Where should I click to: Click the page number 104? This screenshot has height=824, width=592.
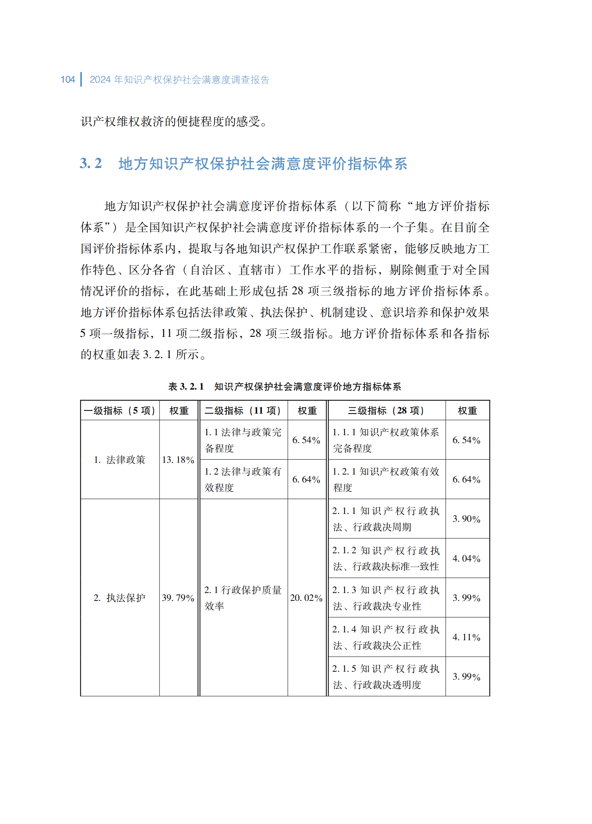click(x=68, y=79)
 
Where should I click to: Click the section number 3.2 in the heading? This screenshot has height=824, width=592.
click(x=91, y=163)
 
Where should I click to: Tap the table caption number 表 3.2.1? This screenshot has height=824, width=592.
click(x=186, y=386)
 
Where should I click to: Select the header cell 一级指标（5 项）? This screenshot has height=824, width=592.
click(x=120, y=411)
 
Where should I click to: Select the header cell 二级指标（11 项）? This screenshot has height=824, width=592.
click(x=243, y=411)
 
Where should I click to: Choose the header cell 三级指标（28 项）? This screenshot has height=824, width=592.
click(x=387, y=411)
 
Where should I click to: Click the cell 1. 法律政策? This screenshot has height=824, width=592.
click(x=120, y=460)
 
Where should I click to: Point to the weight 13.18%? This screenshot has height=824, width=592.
click(x=178, y=460)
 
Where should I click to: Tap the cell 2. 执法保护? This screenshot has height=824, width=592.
click(x=120, y=598)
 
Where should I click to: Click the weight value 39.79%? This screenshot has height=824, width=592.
click(x=178, y=598)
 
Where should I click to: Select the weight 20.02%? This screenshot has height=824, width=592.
click(x=306, y=598)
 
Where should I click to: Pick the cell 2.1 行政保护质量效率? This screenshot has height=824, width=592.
click(x=243, y=598)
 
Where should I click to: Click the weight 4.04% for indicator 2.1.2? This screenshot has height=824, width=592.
click(x=466, y=558)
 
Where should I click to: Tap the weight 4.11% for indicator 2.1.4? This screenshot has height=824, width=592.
click(x=466, y=637)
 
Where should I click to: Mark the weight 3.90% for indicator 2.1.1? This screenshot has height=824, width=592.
click(x=466, y=519)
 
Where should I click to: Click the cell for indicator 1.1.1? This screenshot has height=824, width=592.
click(x=386, y=440)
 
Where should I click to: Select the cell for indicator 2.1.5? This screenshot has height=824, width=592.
click(x=386, y=676)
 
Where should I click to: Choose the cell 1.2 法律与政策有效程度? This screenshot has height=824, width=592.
click(x=243, y=479)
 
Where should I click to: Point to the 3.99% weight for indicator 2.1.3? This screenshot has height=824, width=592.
click(x=466, y=598)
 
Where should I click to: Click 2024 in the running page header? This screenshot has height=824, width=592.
click(x=100, y=79)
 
